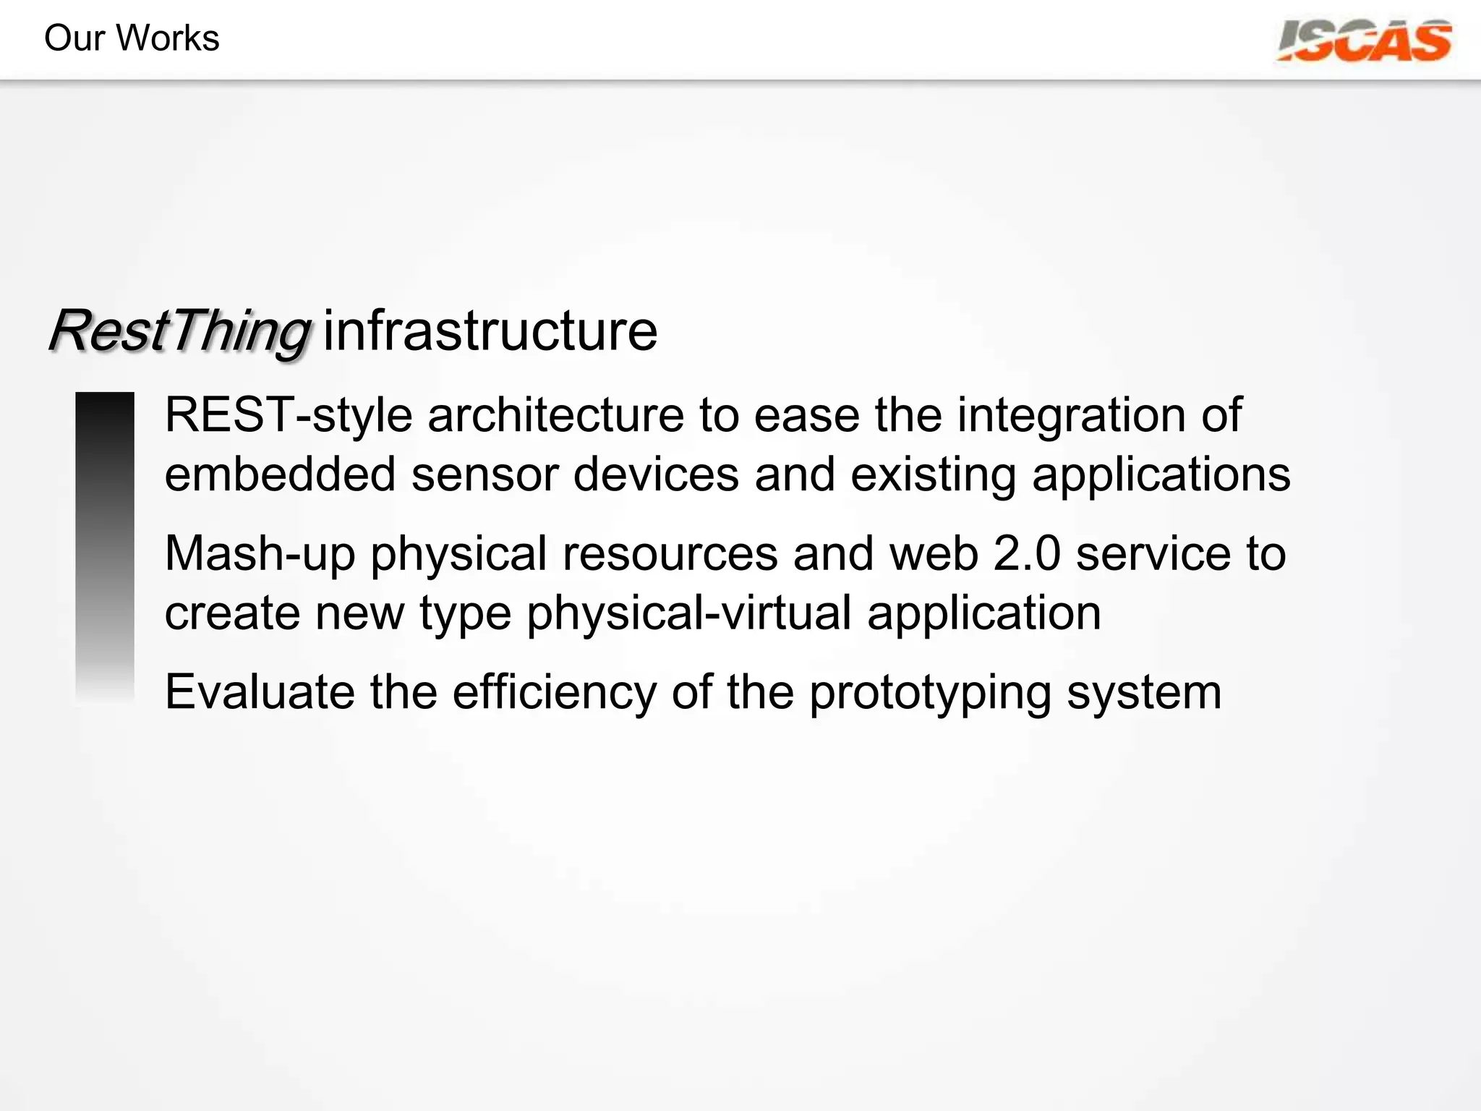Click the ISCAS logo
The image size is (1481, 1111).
[x=1365, y=41]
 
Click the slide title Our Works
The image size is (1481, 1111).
[x=132, y=38]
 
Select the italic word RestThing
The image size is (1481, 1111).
[x=179, y=332]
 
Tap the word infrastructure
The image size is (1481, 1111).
[x=490, y=331]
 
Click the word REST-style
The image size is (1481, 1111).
[x=289, y=416]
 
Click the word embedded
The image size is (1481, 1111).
[x=280, y=475]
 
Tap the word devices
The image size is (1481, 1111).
[x=656, y=475]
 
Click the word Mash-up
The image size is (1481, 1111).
[x=260, y=555]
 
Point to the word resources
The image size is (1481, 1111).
[x=670, y=555]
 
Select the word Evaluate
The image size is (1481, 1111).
[x=260, y=692]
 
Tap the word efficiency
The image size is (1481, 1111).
[x=554, y=692]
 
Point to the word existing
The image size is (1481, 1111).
[x=933, y=475]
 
